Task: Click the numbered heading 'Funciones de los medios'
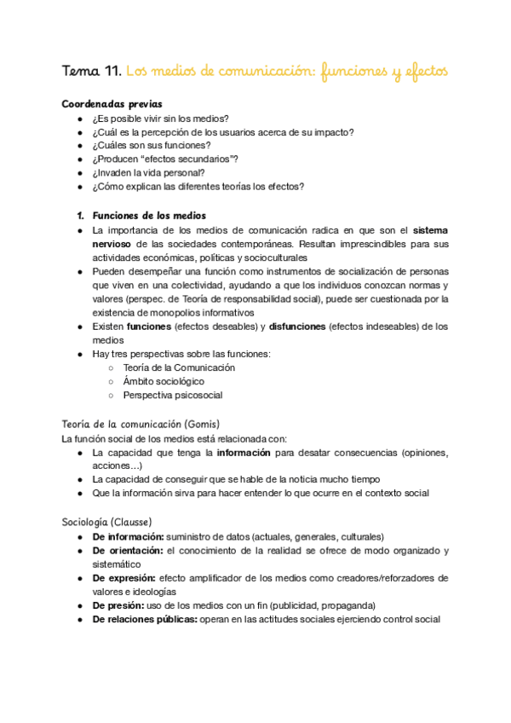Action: coord(149,216)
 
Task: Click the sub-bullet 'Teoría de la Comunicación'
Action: coord(179,367)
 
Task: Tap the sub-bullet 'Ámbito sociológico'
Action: coord(164,382)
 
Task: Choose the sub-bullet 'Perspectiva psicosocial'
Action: coord(172,396)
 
